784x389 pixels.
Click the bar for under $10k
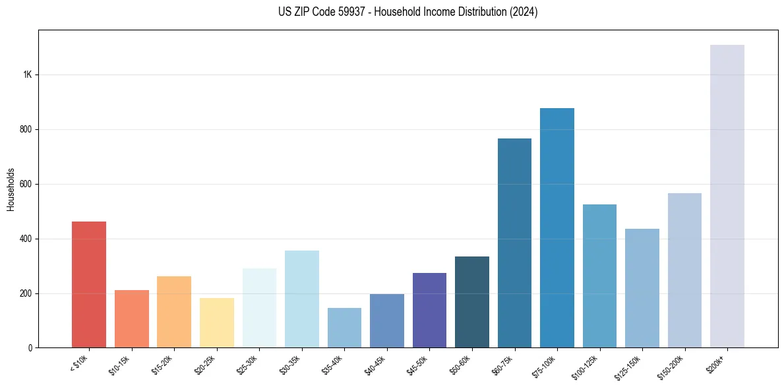[89, 284]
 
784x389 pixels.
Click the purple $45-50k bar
[429, 310]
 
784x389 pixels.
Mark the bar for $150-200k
[684, 270]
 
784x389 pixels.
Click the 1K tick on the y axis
[28, 75]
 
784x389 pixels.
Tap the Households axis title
[11, 189]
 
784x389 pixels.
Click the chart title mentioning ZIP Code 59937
[408, 12]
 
